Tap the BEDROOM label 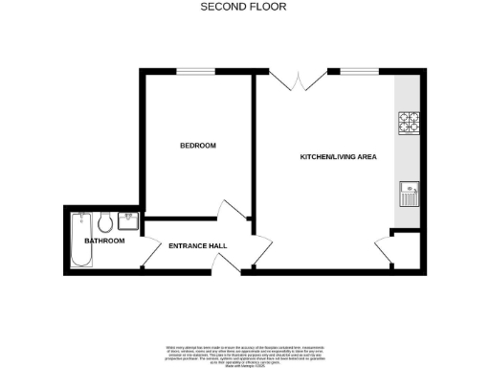pos(198,146)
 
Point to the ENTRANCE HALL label pos(197,246)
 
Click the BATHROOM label pos(104,241)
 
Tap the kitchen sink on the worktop pos(409,195)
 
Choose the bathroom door pos(150,253)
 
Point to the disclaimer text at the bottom pos(245,350)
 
